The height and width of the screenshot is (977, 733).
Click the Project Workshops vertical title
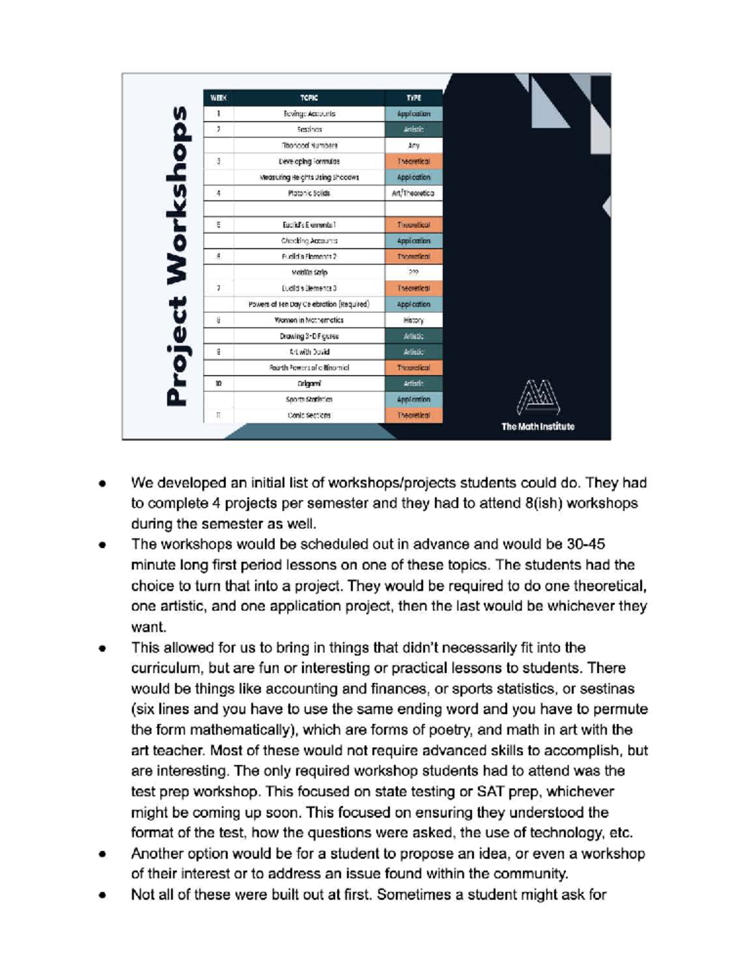point(178,256)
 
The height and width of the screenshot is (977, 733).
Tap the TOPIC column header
point(309,98)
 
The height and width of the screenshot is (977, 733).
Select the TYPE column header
point(414,98)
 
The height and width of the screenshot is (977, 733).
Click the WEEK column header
point(218,98)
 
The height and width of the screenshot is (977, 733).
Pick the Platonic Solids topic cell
point(309,194)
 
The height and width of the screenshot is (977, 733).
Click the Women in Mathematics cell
point(309,320)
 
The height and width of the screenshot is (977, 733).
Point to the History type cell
point(414,320)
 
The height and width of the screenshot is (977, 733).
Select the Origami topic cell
point(309,383)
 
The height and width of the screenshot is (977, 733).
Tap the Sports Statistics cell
point(309,399)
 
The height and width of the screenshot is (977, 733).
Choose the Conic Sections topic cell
point(309,415)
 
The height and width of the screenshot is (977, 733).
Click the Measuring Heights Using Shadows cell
point(309,178)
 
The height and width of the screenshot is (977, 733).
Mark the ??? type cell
point(414,272)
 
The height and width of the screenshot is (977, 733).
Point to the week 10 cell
point(218,383)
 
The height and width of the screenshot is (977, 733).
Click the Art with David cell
point(309,352)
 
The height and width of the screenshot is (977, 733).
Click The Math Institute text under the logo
point(538,427)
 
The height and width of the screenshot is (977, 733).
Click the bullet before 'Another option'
point(102,854)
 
